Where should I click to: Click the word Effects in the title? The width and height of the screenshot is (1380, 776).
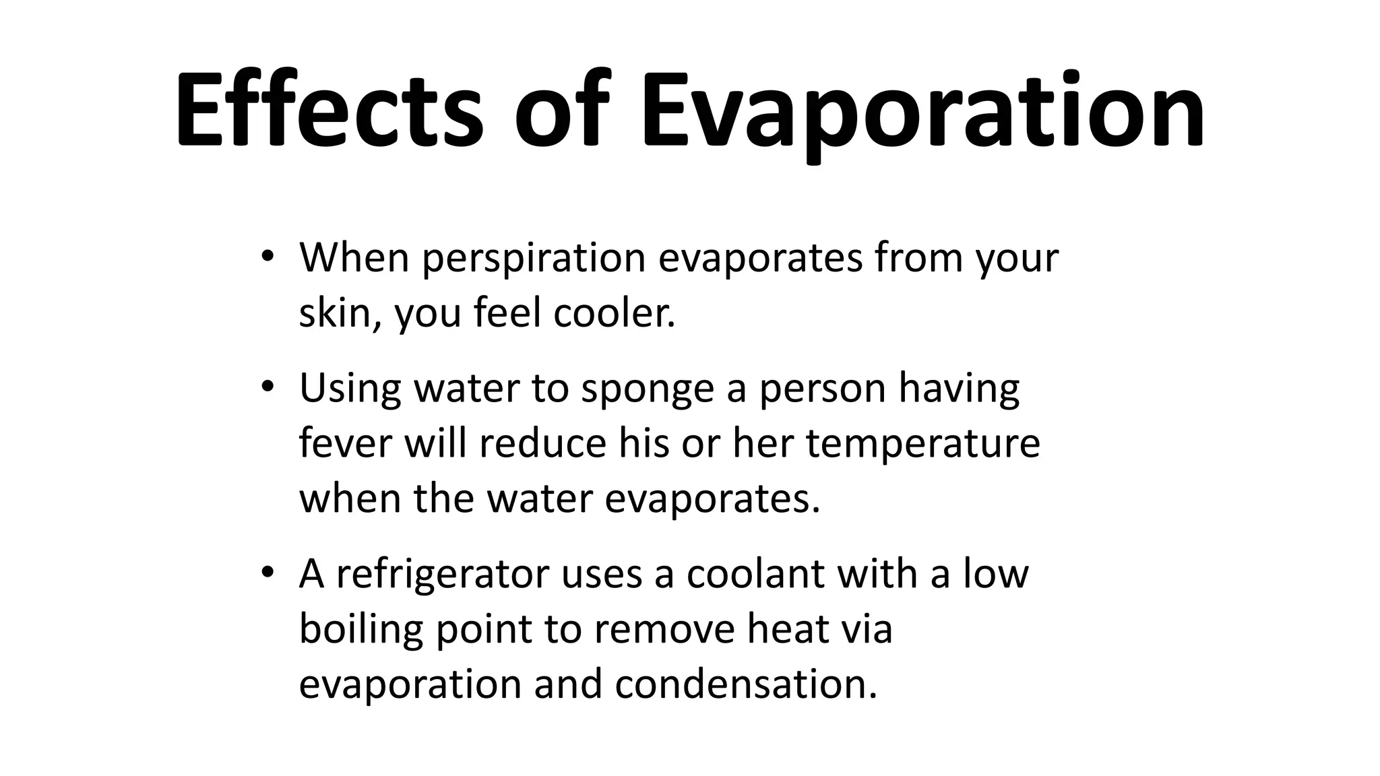point(329,109)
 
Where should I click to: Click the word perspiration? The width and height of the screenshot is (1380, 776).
point(534,259)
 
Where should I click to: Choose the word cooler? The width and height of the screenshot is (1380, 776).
point(614,313)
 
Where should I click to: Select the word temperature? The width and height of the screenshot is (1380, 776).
point(923,445)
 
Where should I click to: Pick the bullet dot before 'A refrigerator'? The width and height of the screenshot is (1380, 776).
point(267,573)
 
